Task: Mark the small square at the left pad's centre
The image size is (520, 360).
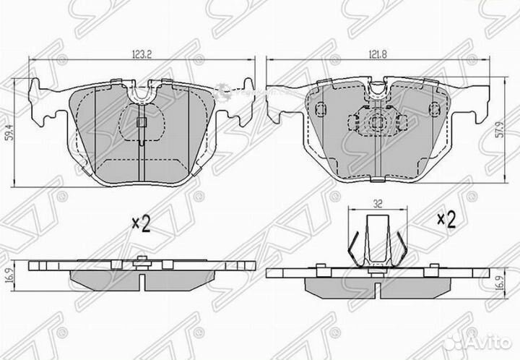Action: (x=141, y=121)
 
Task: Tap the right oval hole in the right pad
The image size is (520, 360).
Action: (x=433, y=108)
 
